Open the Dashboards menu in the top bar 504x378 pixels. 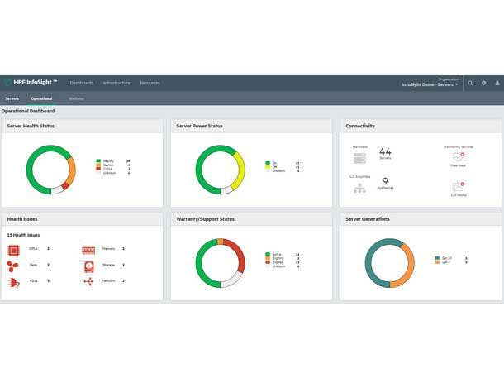pyautogui.click(x=82, y=83)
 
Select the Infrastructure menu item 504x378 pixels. pyautogui.click(x=116, y=83)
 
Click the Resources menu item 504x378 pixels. pyautogui.click(x=150, y=83)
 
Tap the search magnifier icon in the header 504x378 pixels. pyautogui.click(x=471, y=83)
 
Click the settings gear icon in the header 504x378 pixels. pyautogui.click(x=484, y=83)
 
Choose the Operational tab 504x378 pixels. pyautogui.click(x=41, y=98)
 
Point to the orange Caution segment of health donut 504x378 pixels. pyautogui.click(x=70, y=170)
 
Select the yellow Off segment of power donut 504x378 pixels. pyautogui.click(x=240, y=172)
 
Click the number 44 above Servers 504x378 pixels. pyautogui.click(x=385, y=152)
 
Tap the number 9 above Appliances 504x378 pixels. pyautogui.click(x=385, y=181)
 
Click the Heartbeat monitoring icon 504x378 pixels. pyautogui.click(x=459, y=156)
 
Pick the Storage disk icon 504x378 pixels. pyautogui.click(x=88, y=266)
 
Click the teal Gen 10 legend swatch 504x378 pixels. pyautogui.click(x=437, y=258)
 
